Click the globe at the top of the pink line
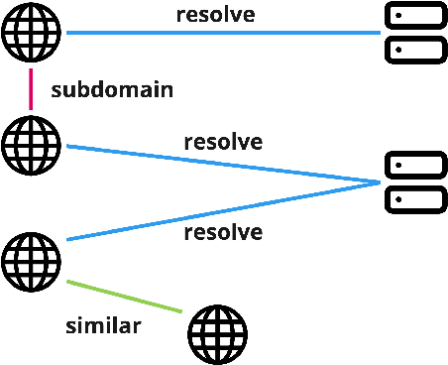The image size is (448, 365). point(32,34)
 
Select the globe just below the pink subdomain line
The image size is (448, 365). point(32,144)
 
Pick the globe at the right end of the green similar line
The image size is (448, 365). point(217,331)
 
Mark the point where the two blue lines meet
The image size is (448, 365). point(379,182)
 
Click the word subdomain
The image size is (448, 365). point(112,90)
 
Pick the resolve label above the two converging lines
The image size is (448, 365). point(223,141)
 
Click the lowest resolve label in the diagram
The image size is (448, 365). point(223,233)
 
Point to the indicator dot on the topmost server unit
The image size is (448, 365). point(397,17)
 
